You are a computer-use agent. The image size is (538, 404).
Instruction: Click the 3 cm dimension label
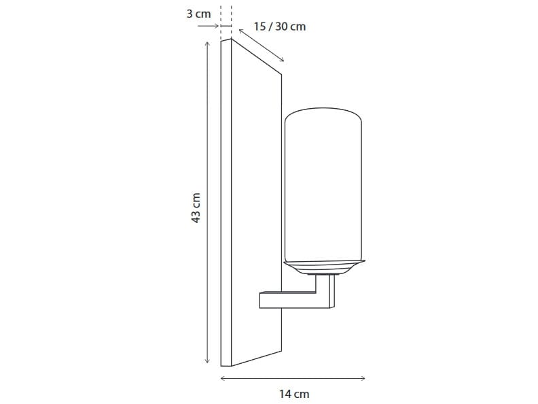[x=199, y=13]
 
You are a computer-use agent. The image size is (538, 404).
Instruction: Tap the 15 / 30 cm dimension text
[x=280, y=27]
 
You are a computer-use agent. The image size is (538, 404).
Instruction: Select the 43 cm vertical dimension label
[x=196, y=207]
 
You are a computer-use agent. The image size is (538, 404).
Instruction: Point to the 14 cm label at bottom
[x=294, y=394]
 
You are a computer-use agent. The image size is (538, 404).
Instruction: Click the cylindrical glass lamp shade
[x=323, y=190]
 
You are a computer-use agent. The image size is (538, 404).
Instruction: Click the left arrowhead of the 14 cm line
[x=223, y=378]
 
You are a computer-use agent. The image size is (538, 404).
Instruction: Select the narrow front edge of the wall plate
[x=226, y=204]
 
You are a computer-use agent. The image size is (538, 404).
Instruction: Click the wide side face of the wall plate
[x=257, y=204]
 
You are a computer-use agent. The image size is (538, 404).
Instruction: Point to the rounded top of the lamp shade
[x=323, y=113]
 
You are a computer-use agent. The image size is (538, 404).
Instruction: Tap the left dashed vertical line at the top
[x=221, y=17]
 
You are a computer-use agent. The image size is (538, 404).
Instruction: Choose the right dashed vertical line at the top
[x=232, y=17]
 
